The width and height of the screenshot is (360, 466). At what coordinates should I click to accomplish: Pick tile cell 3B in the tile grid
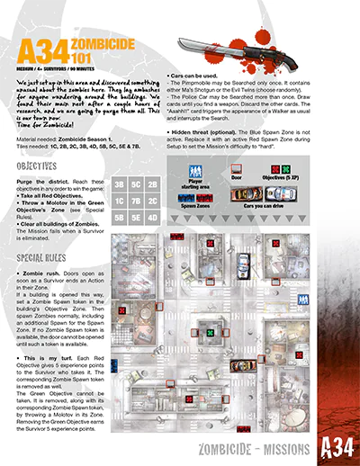pyautogui.click(x=119, y=184)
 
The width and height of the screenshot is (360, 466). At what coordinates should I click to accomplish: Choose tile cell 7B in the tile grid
pyautogui.click(x=135, y=202)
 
